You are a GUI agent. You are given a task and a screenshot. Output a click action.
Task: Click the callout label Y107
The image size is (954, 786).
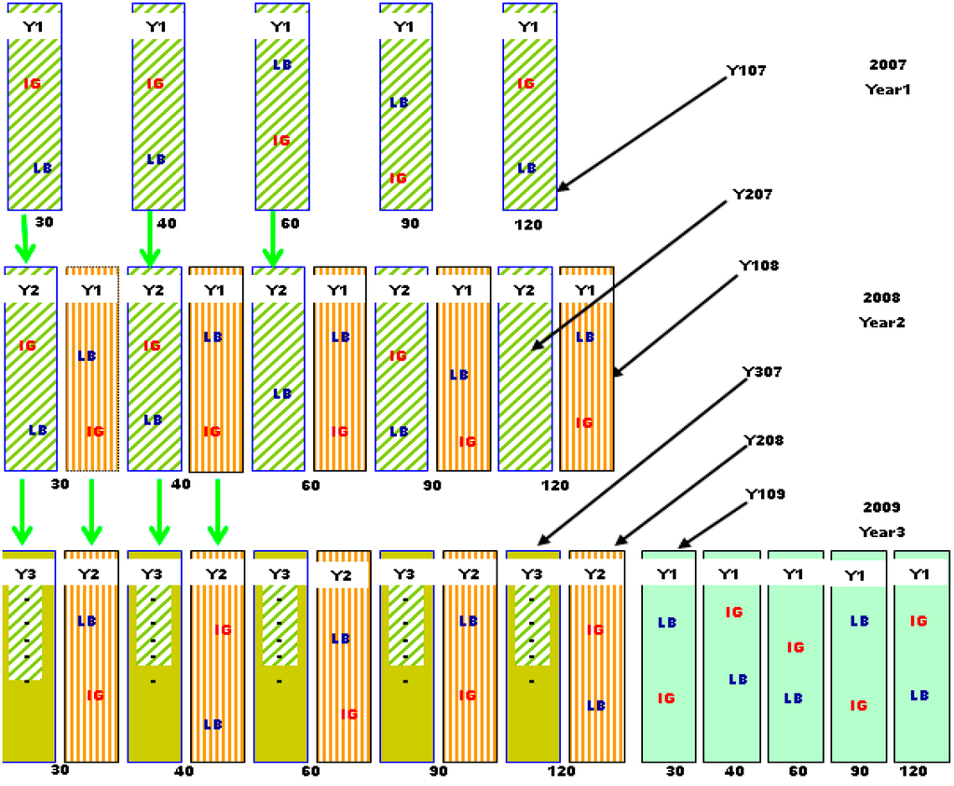(745, 69)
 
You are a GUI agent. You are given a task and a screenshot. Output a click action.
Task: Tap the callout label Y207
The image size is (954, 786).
(753, 194)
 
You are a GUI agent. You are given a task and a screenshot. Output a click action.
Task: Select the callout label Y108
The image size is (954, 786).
(758, 266)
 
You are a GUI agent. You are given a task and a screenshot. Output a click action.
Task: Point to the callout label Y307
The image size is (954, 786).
(761, 371)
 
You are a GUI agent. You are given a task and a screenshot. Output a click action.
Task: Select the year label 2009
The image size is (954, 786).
(881, 508)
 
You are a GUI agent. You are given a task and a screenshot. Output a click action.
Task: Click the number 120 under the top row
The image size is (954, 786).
(527, 225)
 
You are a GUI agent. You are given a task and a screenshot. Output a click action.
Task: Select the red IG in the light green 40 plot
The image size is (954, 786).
(733, 613)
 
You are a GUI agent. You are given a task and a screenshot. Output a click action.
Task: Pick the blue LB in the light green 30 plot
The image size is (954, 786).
(667, 622)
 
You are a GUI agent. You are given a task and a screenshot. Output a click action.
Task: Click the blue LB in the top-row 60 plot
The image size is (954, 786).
(282, 65)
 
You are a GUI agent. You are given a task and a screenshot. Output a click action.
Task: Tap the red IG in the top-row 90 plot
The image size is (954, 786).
(399, 178)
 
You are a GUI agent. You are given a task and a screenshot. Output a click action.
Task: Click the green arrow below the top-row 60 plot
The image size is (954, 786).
(273, 238)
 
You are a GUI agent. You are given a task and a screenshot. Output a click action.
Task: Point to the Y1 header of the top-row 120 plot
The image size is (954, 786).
(528, 27)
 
